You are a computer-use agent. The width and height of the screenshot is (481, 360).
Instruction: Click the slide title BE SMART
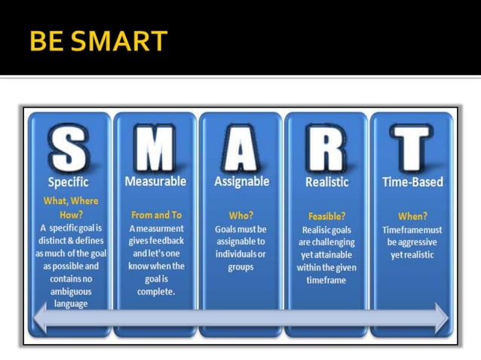[x=98, y=41]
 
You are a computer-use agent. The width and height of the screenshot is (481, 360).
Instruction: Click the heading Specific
[x=69, y=182]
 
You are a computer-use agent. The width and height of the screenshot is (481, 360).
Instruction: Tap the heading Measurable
[x=155, y=182]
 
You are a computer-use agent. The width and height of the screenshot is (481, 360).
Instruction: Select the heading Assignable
[x=240, y=182]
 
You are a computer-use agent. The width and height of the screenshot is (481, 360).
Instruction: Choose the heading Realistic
[x=326, y=182]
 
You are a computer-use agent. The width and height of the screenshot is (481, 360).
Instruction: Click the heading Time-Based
[x=412, y=182]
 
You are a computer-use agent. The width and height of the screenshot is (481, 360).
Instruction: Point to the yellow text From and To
[x=156, y=215]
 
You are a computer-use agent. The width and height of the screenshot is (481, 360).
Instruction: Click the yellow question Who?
[x=240, y=215]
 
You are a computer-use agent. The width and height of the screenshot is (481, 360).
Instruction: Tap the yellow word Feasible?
[x=326, y=216]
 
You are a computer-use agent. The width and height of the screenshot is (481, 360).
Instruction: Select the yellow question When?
[x=412, y=216]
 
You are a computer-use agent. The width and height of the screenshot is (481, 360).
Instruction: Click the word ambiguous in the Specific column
[x=71, y=291]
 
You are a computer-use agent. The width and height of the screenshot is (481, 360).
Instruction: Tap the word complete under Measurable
[x=155, y=291]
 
